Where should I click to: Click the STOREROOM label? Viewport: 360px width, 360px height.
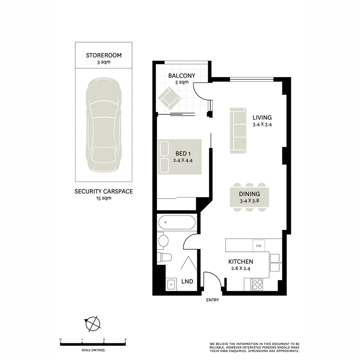click(x=104, y=55)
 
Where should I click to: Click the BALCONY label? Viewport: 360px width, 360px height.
click(x=182, y=76)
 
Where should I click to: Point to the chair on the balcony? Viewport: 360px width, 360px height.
click(x=169, y=98)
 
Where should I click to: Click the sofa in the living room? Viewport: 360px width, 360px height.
click(x=238, y=130)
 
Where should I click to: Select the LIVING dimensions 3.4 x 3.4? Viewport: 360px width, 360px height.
click(x=262, y=125)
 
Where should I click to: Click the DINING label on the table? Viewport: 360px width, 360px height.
click(x=249, y=194)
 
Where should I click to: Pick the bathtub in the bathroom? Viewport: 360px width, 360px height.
click(x=177, y=223)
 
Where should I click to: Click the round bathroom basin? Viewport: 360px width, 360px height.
click(x=163, y=241)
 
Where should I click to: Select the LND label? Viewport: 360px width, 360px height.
click(x=187, y=282)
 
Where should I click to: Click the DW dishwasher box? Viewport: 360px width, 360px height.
click(x=258, y=245)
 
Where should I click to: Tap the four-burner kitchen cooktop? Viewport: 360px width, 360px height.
click(x=256, y=285)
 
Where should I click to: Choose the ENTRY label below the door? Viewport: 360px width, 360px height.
click(x=212, y=300)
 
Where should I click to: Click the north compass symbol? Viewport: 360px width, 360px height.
click(x=93, y=323)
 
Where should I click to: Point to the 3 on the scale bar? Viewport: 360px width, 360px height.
click(x=125, y=340)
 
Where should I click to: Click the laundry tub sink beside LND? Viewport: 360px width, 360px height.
click(x=171, y=285)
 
